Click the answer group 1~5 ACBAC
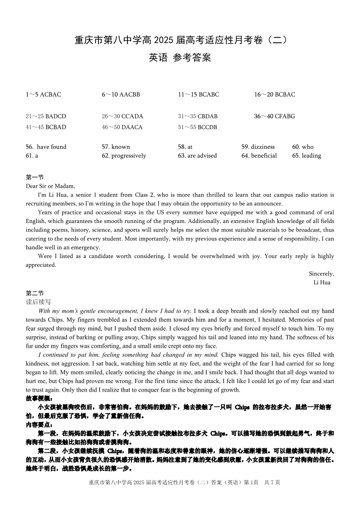[x=43, y=95]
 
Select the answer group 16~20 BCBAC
[x=274, y=95]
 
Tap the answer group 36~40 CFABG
[x=274, y=116]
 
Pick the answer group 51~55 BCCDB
[x=197, y=127]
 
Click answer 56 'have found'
[x=46, y=147]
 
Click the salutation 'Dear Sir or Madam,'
[x=50, y=186]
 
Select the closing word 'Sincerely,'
[x=321, y=274]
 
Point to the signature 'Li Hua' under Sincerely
[x=322, y=283]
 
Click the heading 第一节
[x=34, y=177]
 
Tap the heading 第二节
[x=34, y=293]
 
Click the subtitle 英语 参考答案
[x=180, y=58]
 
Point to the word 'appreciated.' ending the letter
[x=41, y=265]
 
